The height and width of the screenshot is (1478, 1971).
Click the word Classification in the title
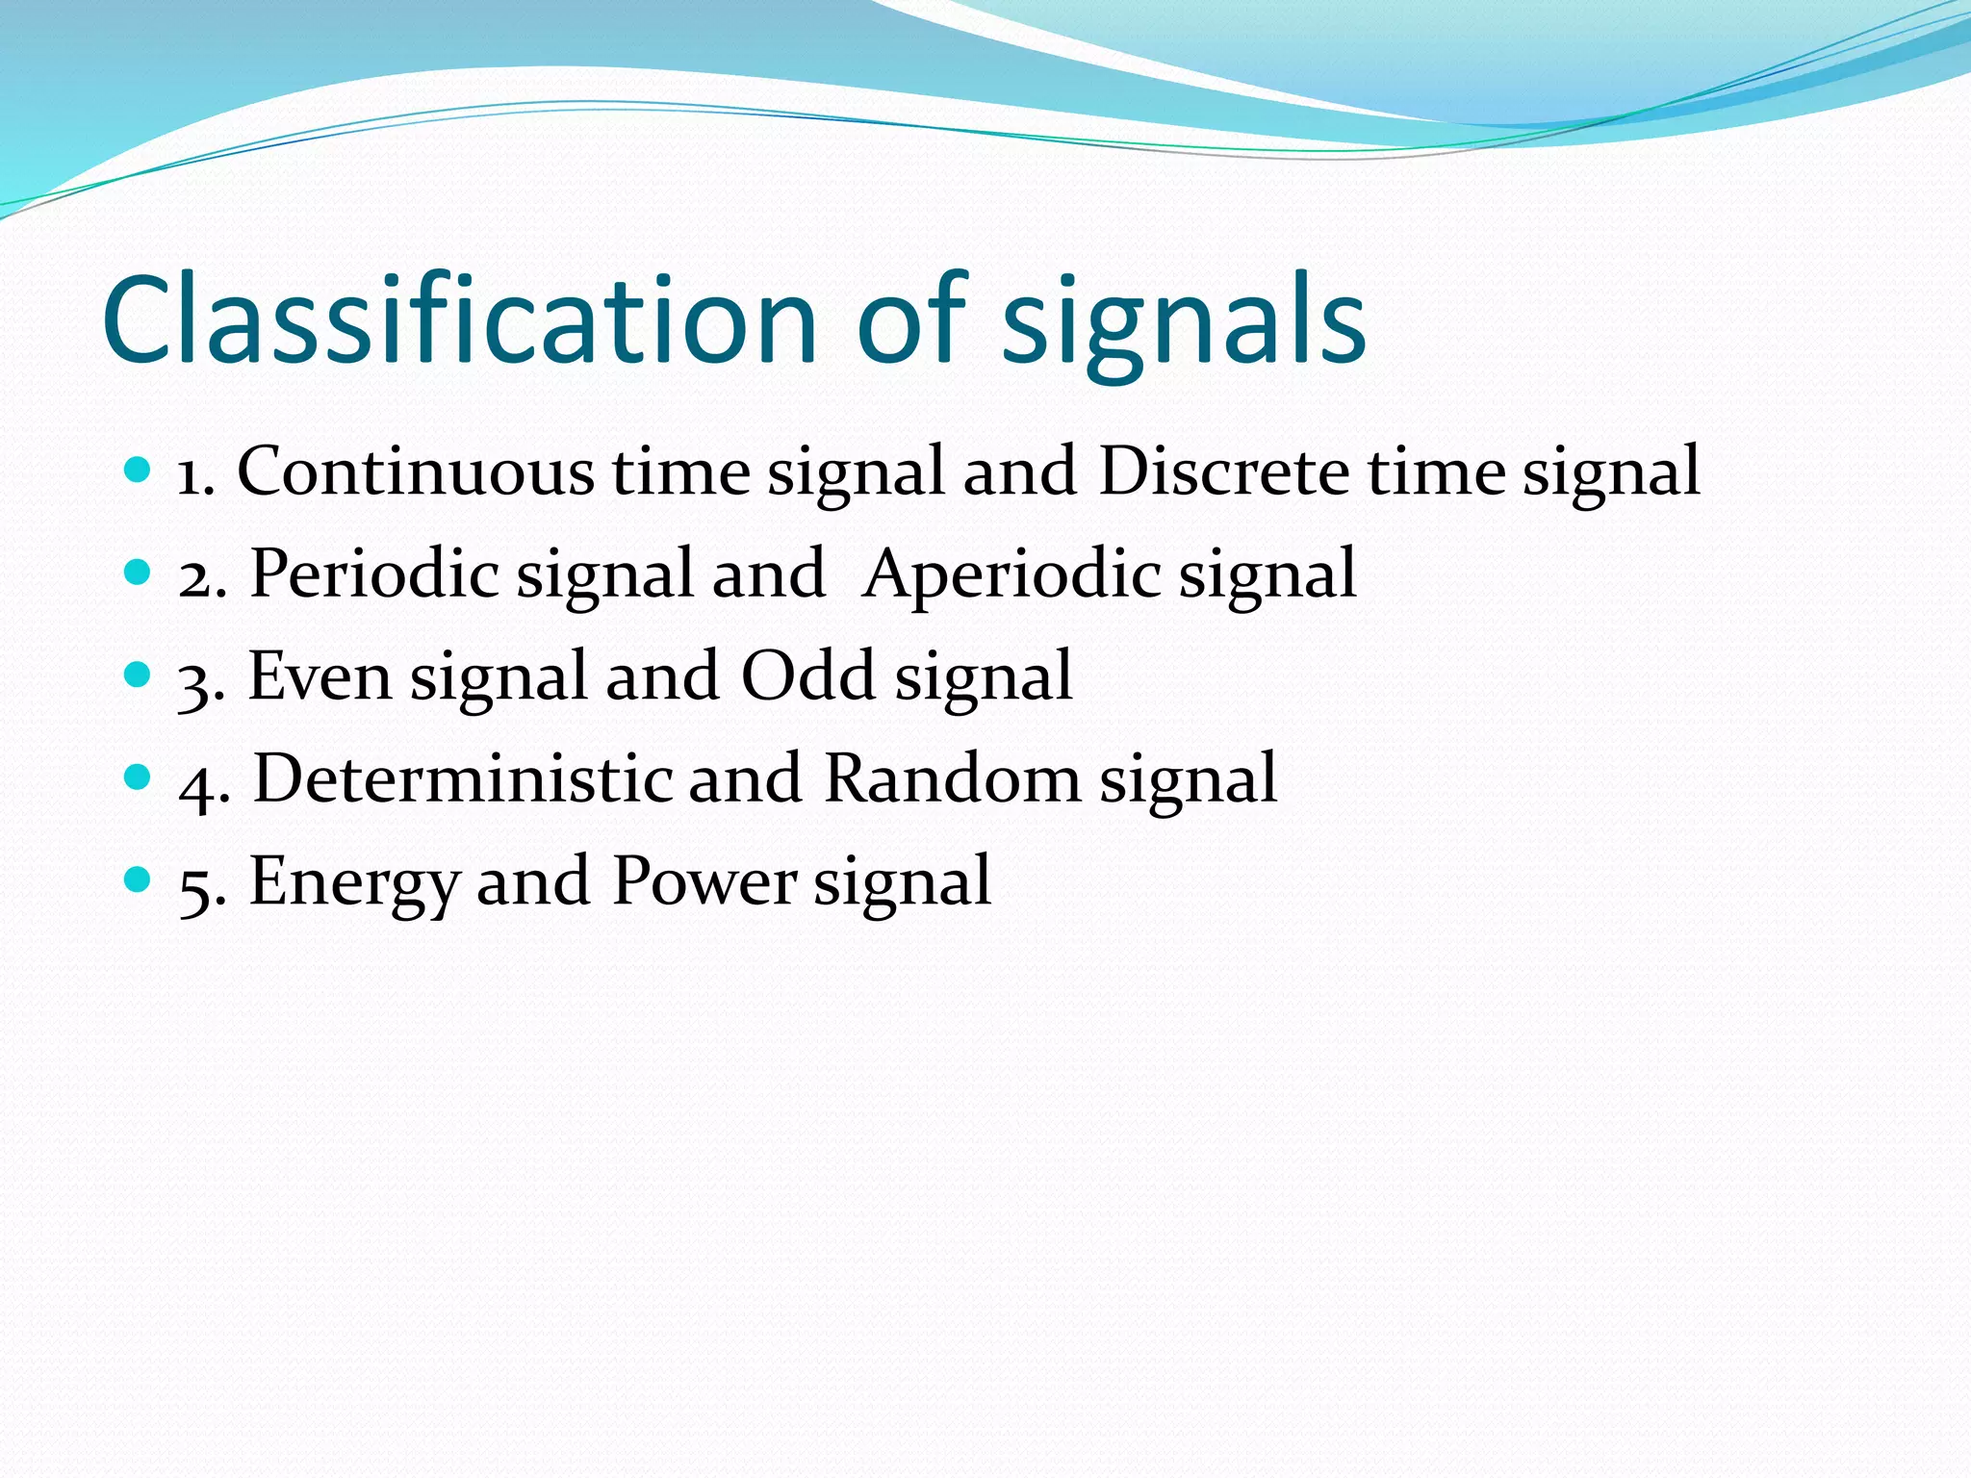pos(459,319)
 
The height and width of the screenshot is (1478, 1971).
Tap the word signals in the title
pos(1184,327)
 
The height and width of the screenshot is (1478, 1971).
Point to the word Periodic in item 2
pos(374,574)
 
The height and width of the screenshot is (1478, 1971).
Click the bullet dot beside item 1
pos(139,471)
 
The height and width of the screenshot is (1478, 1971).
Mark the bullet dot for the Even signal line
pos(139,675)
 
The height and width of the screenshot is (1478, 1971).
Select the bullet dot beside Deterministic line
pos(139,777)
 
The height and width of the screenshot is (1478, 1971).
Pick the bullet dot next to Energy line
pos(139,879)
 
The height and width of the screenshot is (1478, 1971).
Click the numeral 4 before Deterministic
pos(197,784)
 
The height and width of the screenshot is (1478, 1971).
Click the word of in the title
pos(910,319)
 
